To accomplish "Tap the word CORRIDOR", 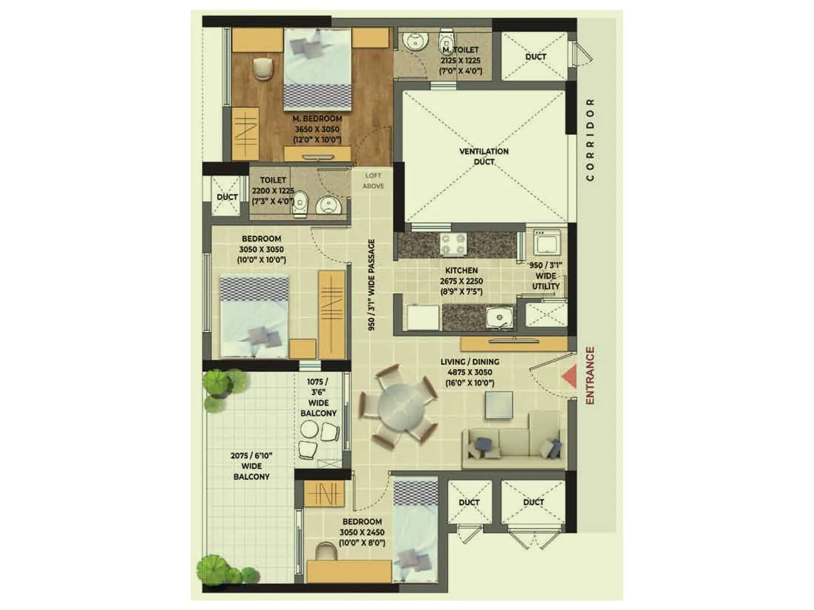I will [590, 140].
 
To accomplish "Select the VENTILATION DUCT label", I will [484, 157].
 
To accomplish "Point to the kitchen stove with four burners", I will [453, 244].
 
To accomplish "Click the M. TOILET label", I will [461, 50].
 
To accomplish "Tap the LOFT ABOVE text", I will [373, 181].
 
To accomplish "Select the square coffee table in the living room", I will [499, 406].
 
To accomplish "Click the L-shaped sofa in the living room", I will [514, 442].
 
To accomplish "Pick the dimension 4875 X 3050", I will [470, 373].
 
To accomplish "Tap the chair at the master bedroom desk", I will [263, 69].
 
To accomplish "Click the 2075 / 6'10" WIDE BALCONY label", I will [251, 466].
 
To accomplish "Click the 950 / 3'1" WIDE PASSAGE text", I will [372, 285].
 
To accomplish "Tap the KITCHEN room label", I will [461, 270].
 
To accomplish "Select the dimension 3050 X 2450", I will [362, 532].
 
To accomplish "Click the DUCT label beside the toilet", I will [227, 197].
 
